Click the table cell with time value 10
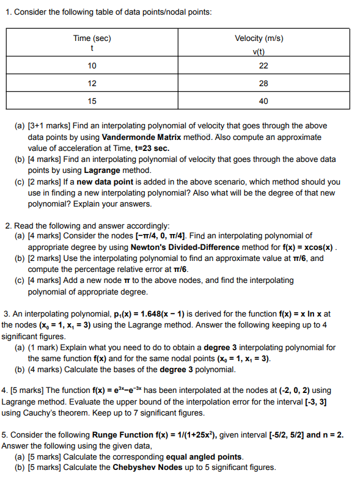92,66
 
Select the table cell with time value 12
92,84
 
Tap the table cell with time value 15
92,101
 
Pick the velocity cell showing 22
263,66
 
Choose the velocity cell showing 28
263,84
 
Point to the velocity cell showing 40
263,101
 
